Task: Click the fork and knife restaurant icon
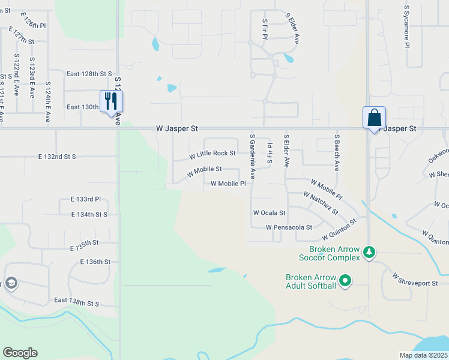tap(110, 101)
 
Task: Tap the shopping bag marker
tap(374, 118)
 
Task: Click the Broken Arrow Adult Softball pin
tap(345, 280)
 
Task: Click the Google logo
tap(20, 353)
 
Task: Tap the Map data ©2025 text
tap(423, 355)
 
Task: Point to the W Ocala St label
tap(269, 212)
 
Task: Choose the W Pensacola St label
tap(289, 227)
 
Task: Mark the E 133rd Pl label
tap(86, 199)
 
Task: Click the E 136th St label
tap(95, 262)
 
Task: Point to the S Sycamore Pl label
tap(406, 27)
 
